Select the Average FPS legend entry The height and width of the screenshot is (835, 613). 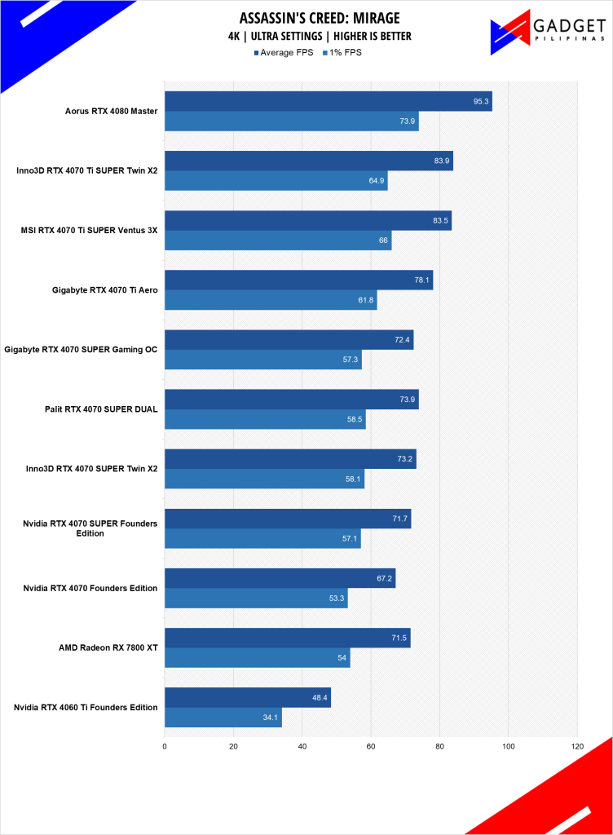pos(285,53)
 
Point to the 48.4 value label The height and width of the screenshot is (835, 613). pos(320,698)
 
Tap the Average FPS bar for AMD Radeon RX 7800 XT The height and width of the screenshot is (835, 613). pos(287,638)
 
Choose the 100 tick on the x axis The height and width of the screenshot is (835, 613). pos(509,744)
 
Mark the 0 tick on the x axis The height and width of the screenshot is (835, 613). pos(165,744)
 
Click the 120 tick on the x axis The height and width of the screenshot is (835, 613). pos(577,744)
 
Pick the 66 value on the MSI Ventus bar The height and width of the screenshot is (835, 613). pos(383,241)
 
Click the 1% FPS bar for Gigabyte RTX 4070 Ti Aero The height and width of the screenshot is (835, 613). pos(270,300)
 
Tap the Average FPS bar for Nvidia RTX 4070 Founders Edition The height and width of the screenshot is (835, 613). pos(280,579)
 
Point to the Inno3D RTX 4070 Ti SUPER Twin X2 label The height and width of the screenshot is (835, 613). pos(87,171)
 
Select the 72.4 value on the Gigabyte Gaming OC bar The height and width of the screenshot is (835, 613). pos(402,340)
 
